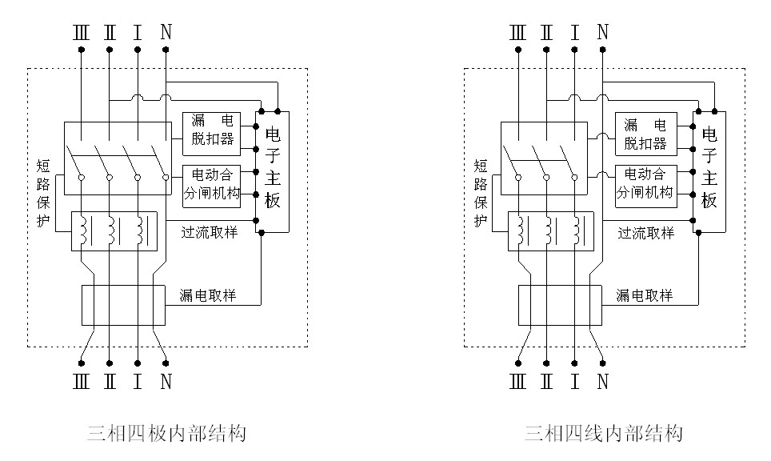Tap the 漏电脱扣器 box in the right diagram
coord(645,134)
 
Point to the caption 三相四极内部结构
coord(166,434)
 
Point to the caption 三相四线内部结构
coord(603,434)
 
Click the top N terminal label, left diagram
coord(166,32)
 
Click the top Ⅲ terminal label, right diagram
coord(517,32)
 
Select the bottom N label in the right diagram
coord(603,381)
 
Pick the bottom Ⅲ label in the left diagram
coord(81,381)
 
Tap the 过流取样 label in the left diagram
coord(209,232)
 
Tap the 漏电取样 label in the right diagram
coord(644,295)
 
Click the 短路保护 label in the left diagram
coord(45,193)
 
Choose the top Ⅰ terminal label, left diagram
coord(138,32)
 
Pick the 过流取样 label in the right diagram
coord(645,233)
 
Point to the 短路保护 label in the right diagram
coord(481,193)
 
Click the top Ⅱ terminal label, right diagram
coord(546,32)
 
